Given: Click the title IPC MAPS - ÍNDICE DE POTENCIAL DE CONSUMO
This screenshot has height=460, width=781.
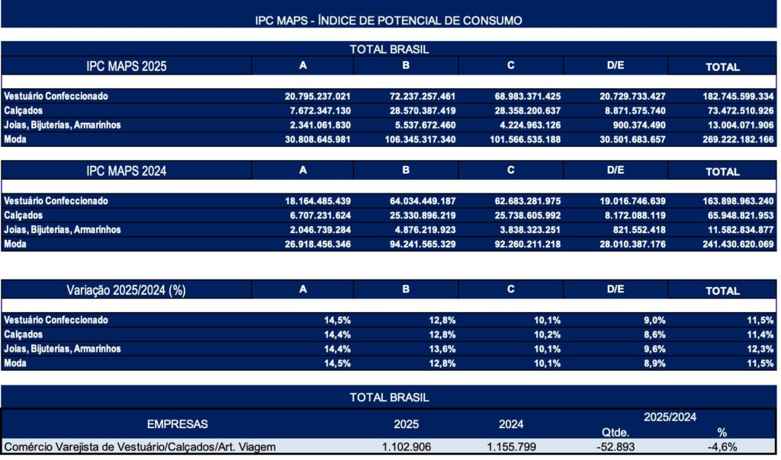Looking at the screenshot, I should (x=389, y=21).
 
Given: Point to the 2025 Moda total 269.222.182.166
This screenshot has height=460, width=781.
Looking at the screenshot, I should (x=733, y=140).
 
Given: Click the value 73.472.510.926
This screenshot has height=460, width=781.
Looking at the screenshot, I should (x=733, y=111).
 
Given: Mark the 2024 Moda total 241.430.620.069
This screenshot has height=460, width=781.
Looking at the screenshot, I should (x=733, y=244).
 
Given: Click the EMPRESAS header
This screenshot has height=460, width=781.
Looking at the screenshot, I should (x=177, y=424).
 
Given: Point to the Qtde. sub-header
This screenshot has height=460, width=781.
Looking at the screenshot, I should (x=615, y=432).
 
